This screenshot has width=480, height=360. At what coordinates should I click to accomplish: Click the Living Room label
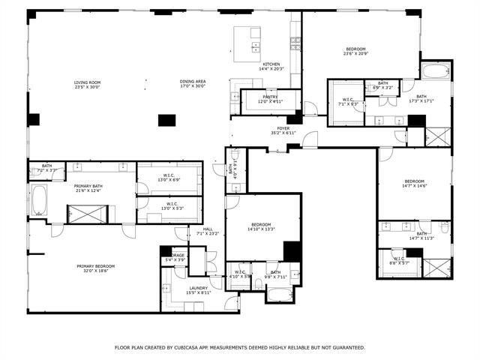[87, 84]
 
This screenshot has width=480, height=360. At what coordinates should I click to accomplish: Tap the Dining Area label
[193, 84]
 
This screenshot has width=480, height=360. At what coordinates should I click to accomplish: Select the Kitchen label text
[271, 67]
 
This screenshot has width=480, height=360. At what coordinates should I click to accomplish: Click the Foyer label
[283, 130]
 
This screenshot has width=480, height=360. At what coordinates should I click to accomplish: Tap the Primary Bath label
[89, 188]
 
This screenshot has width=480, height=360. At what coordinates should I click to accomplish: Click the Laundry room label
[199, 289]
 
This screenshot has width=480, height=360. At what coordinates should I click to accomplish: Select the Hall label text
[207, 232]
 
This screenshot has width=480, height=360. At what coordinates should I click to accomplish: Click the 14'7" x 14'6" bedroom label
[415, 183]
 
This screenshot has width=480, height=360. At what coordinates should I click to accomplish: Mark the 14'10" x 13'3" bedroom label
[261, 227]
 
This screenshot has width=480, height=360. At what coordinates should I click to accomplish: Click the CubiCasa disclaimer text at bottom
[240, 347]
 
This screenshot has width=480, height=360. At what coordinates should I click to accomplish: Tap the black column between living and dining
[166, 119]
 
